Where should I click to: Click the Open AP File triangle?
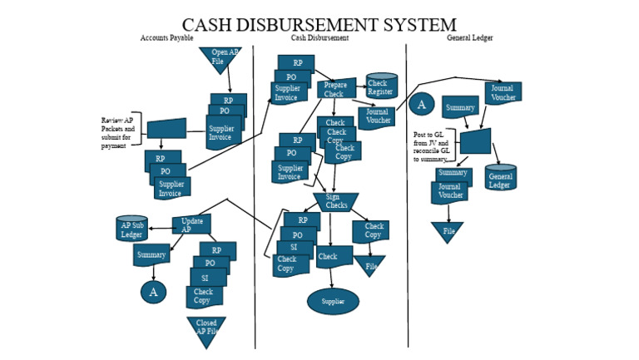coord(220,58)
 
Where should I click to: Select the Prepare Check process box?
coord(335,89)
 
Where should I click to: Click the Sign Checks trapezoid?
coord(336,202)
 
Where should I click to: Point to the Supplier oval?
coord(333,301)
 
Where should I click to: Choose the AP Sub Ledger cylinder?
coord(131,229)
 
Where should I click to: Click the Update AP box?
coord(191,224)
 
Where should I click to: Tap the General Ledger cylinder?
coord(500,178)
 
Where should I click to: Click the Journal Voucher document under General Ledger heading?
coord(503,91)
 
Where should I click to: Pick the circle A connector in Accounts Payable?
coord(153,292)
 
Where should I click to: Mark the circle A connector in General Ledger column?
coord(421,104)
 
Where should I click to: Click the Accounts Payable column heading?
coord(167,38)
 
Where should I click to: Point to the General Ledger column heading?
coord(469,38)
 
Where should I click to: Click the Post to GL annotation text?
coord(432,146)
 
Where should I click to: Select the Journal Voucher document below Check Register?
coord(377,117)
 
